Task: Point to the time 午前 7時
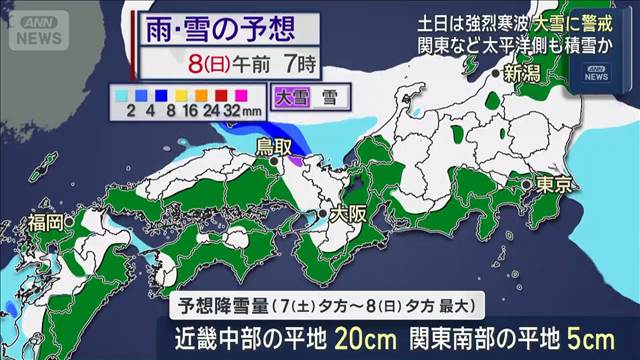tap(279, 67)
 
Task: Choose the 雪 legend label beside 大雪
tap(330, 98)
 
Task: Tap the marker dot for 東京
tap(525, 185)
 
